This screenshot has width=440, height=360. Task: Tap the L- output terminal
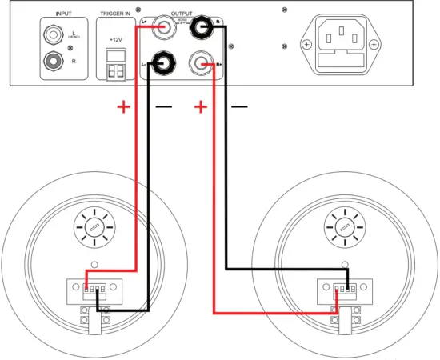tap(166, 59)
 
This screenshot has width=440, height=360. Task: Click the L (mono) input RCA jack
tap(54, 34)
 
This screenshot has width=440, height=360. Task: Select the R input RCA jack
tap(54, 58)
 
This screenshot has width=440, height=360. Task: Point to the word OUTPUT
tap(182, 14)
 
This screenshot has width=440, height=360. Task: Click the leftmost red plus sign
tap(123, 106)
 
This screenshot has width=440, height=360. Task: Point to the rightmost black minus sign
tap(239, 106)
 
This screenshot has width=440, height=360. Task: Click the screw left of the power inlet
tap(307, 45)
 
